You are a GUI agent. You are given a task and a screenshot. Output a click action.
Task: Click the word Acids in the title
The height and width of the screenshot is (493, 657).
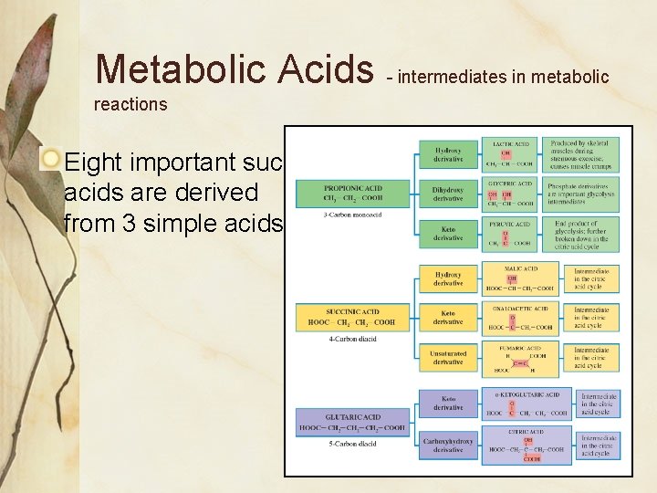[x=324, y=68]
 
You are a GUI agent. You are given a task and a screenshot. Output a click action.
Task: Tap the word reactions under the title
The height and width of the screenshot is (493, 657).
[x=130, y=104]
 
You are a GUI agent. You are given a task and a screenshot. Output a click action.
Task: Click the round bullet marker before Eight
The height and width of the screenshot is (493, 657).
[x=52, y=162]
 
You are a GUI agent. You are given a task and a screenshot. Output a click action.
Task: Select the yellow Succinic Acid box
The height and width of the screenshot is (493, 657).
[x=352, y=318]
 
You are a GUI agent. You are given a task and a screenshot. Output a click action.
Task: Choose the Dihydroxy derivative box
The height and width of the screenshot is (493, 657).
[x=448, y=194]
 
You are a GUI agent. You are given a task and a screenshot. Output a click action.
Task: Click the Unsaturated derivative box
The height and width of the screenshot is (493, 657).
[x=448, y=358]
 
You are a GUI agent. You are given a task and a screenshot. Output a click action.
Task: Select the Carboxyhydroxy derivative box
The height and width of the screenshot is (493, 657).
[x=448, y=445]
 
